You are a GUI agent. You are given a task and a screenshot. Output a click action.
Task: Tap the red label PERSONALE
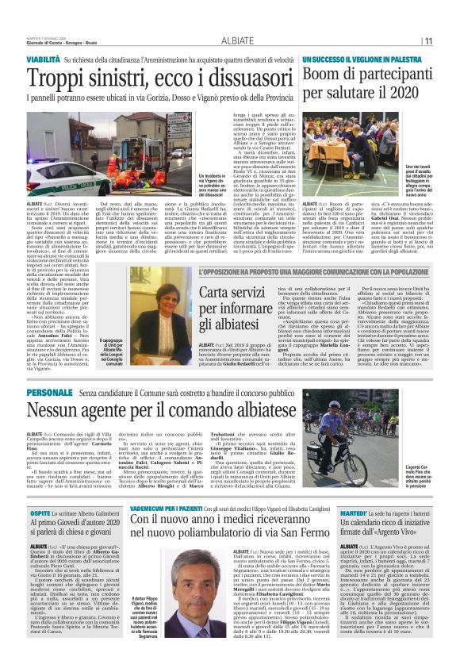(48, 394)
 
